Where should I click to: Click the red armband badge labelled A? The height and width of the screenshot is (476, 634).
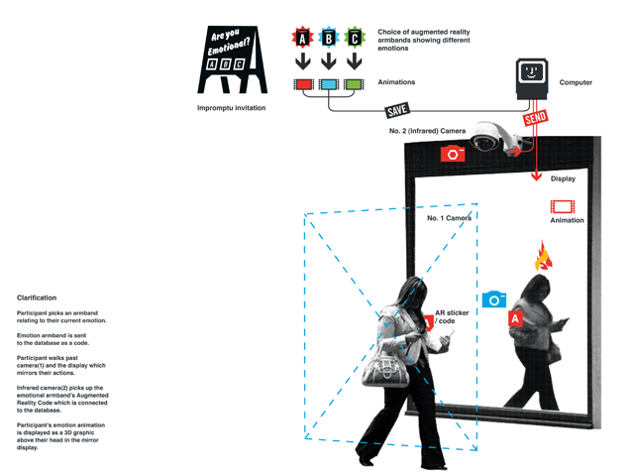[302, 38]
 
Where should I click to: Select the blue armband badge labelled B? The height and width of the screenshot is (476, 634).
[329, 38]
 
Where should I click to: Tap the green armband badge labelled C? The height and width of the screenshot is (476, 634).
[355, 38]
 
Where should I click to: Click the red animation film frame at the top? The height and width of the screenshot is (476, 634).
[304, 84]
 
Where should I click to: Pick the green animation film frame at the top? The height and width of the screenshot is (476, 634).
[354, 84]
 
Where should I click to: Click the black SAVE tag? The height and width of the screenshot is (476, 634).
[397, 110]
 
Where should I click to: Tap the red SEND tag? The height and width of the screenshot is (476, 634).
[535, 117]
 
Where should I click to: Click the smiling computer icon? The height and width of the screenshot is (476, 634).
[532, 79]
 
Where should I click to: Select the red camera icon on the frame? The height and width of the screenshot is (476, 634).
[453, 154]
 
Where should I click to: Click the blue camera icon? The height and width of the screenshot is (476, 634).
[494, 299]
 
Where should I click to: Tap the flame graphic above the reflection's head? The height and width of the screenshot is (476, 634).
[544, 256]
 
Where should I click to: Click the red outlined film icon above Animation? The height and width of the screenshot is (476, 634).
[563, 206]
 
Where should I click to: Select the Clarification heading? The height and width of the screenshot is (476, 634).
[37, 297]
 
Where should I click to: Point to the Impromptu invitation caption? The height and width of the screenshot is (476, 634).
[231, 108]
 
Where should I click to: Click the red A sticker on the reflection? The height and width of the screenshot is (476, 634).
[515, 318]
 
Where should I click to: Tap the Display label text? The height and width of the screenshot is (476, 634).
[563, 178]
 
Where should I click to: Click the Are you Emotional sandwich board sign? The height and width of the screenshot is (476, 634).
[232, 59]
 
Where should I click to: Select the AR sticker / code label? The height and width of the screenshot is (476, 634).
[452, 317]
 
